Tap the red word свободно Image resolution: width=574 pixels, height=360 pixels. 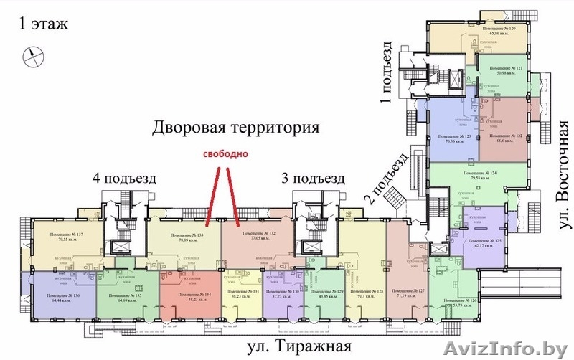pyautogui.click(x=225, y=153)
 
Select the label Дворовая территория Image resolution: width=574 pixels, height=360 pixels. pyautogui.click(x=235, y=129)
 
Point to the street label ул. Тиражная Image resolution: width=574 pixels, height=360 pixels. pyautogui.click(x=291, y=347)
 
